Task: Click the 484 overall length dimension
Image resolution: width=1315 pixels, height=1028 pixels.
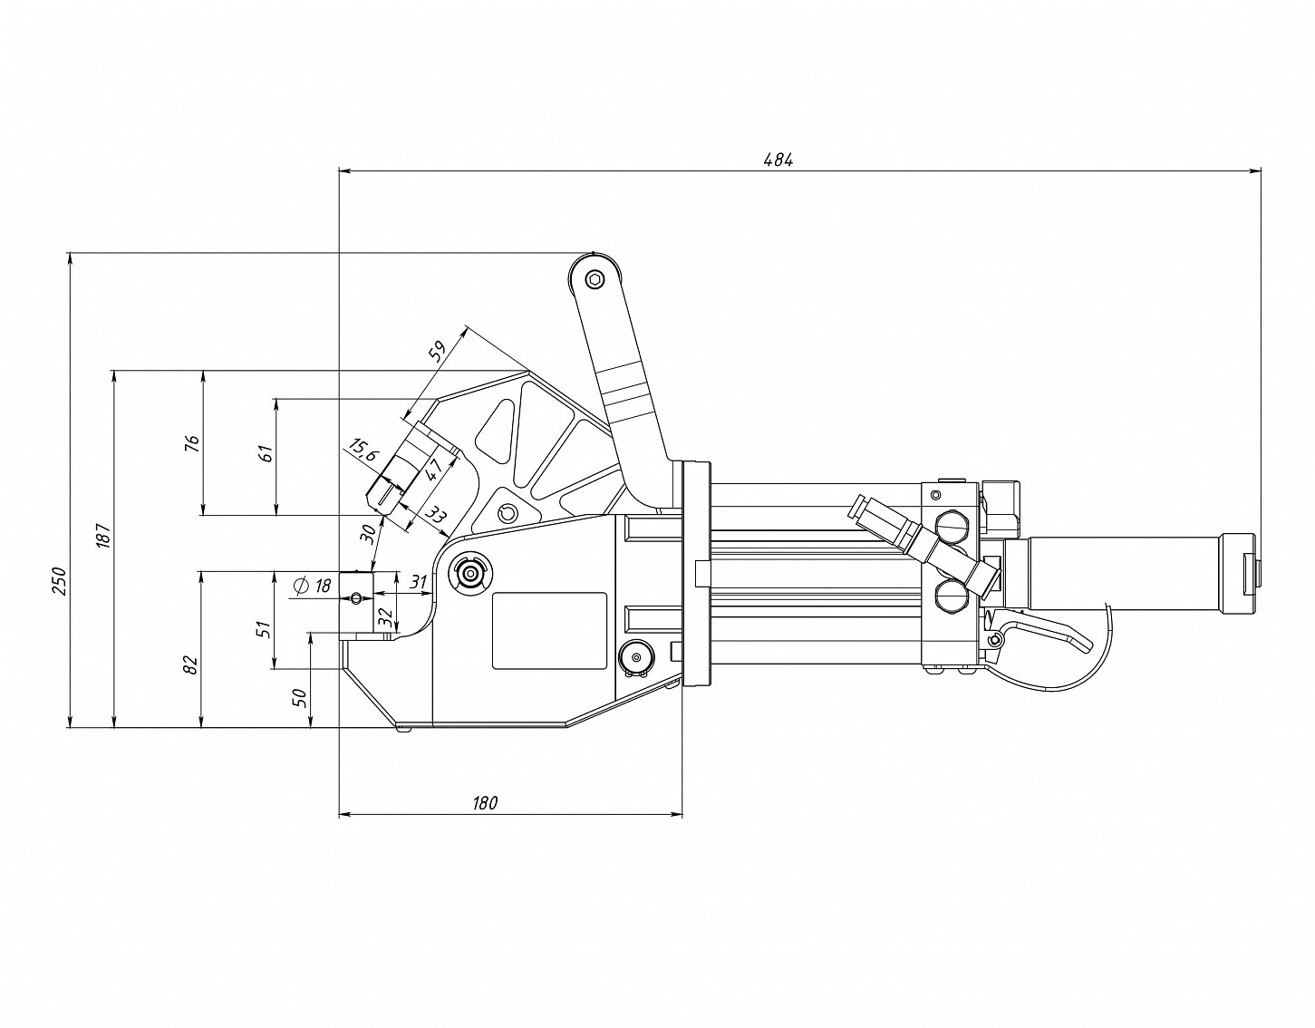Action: pyautogui.click(x=778, y=160)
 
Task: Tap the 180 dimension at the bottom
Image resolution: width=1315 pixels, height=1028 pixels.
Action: pyautogui.click(x=486, y=802)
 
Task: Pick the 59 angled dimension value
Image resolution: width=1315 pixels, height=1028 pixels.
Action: pyautogui.click(x=438, y=352)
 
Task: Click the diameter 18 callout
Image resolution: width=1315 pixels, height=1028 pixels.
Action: pyautogui.click(x=312, y=586)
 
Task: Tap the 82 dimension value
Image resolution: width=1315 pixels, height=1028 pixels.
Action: pyautogui.click(x=190, y=666)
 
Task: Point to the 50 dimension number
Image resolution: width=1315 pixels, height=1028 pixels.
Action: pyautogui.click(x=301, y=697)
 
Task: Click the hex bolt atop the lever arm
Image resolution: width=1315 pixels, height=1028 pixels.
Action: pyautogui.click(x=594, y=279)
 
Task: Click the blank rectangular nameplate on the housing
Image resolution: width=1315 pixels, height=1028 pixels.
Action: pyautogui.click(x=549, y=631)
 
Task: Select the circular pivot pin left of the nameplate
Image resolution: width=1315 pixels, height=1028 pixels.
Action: pyautogui.click(x=471, y=573)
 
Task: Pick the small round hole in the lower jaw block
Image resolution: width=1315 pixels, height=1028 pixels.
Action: pyautogui.click(x=357, y=596)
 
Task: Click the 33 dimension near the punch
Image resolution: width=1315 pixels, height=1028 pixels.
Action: pyautogui.click(x=435, y=517)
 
